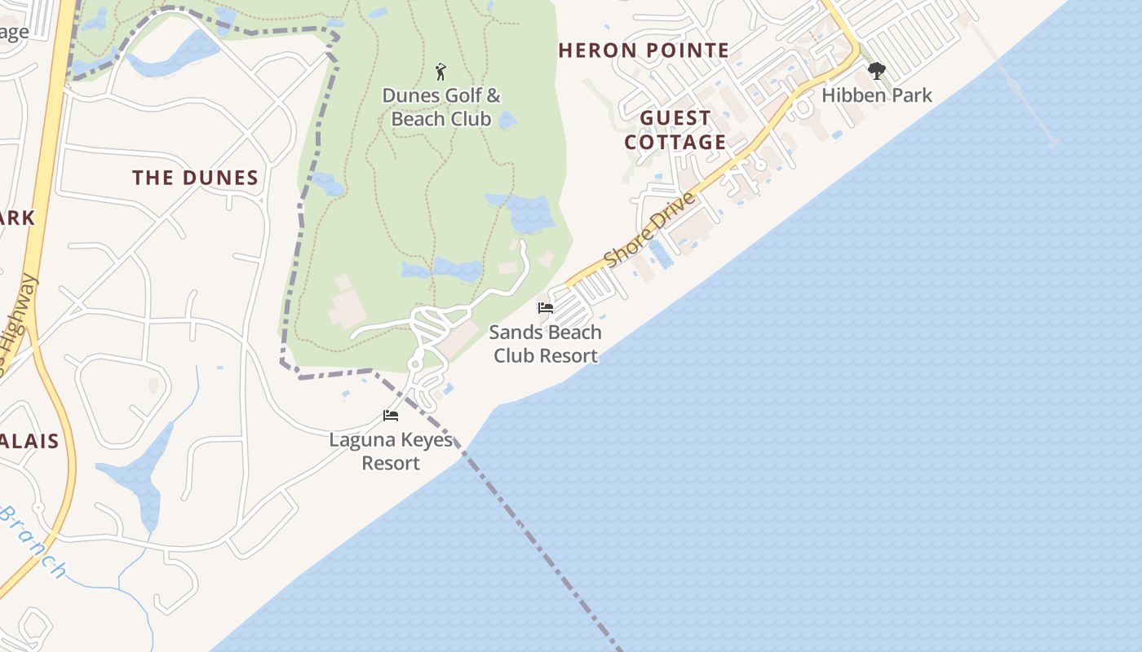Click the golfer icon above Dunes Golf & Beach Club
[x=441, y=72]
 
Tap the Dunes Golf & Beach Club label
[x=441, y=108]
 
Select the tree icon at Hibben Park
[x=877, y=71]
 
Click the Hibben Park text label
[x=877, y=95]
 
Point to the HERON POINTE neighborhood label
[x=644, y=51]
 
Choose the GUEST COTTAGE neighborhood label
[x=675, y=130]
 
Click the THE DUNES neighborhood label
[x=195, y=178]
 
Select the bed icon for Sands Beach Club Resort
[x=545, y=308]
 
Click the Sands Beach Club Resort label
[x=545, y=344]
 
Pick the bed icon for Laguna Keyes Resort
[x=391, y=416]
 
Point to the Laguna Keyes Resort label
[x=391, y=452]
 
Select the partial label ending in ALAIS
[x=29, y=442]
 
